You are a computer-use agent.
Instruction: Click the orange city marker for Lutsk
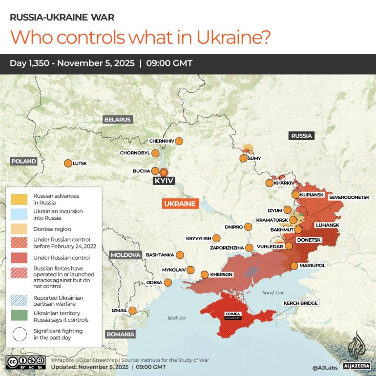[x=68, y=163]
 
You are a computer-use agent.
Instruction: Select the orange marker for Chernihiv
[x=179, y=141]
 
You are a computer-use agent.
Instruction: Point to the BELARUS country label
[x=117, y=119]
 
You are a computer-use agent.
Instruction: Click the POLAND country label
[x=23, y=161]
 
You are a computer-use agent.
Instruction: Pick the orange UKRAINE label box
[x=180, y=204]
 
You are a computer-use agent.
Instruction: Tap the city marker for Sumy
[x=243, y=158]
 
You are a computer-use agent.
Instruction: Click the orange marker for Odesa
[x=168, y=282]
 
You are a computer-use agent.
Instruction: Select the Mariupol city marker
[x=294, y=266]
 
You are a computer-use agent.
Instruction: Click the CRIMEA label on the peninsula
[x=231, y=314]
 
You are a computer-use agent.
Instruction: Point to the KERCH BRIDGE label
[x=300, y=303]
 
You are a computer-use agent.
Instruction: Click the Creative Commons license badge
[x=26, y=362]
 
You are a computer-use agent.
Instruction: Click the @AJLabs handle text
[x=326, y=367]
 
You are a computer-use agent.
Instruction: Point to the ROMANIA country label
[x=120, y=334]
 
